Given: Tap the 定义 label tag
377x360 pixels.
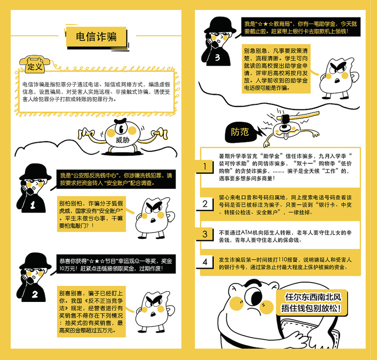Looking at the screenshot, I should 35,67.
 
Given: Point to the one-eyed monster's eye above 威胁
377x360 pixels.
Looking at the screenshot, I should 121,128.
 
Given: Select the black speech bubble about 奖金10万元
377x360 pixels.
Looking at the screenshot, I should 110,265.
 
